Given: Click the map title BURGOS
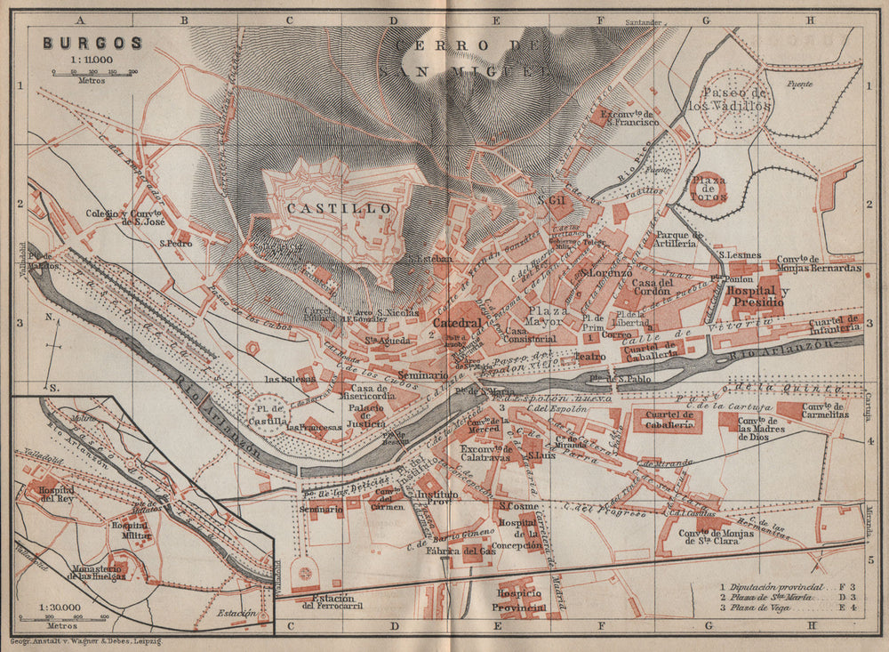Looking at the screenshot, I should point(91,42).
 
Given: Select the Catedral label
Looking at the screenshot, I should point(458,324).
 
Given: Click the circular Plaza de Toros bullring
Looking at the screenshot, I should point(709,189).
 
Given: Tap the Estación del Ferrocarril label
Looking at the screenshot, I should point(332,602).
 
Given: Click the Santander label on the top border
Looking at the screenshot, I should point(645,21).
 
